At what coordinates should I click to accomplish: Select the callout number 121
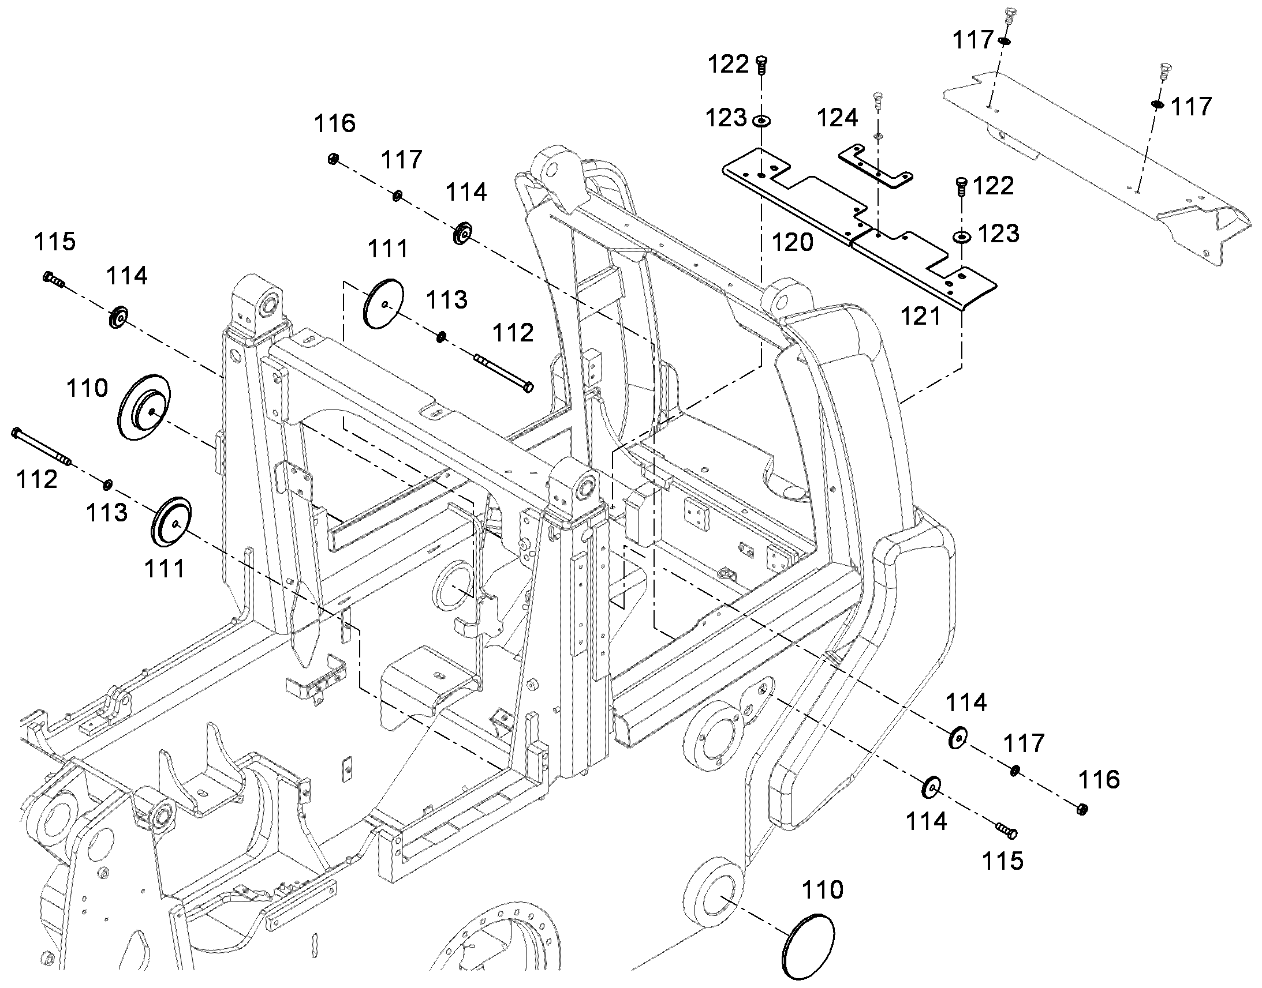pos(921,316)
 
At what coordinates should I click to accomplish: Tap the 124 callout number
pos(837,118)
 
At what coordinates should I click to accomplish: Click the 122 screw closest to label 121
pos(961,187)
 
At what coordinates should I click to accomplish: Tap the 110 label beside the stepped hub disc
pos(87,388)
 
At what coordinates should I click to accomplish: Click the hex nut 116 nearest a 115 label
pos(1081,809)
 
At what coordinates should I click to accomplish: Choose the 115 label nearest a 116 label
pos(1003,861)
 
